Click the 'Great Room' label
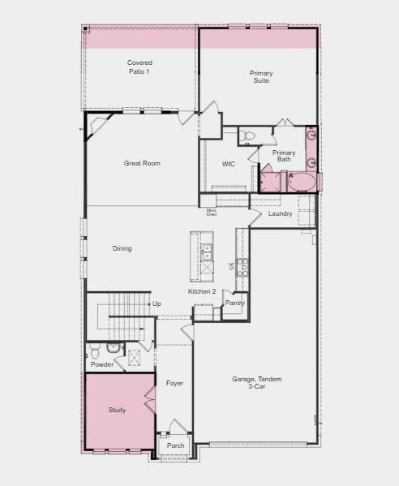pos(142,163)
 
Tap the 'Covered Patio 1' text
pos(139,67)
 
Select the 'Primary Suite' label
pos(260,77)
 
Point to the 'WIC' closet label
pos(229,164)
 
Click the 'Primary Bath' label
pos(283,156)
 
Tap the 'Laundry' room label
pos(280,213)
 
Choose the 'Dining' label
pos(122,248)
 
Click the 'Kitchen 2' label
pos(202,291)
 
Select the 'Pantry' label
pos(234,303)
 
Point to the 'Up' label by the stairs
pos(157,303)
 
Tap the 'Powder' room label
pos(102,364)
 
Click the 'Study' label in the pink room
pos(117,410)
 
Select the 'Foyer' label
pos(174,382)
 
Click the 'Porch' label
pos(175,445)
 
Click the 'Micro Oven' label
pos(211,213)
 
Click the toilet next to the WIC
pos(249,135)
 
